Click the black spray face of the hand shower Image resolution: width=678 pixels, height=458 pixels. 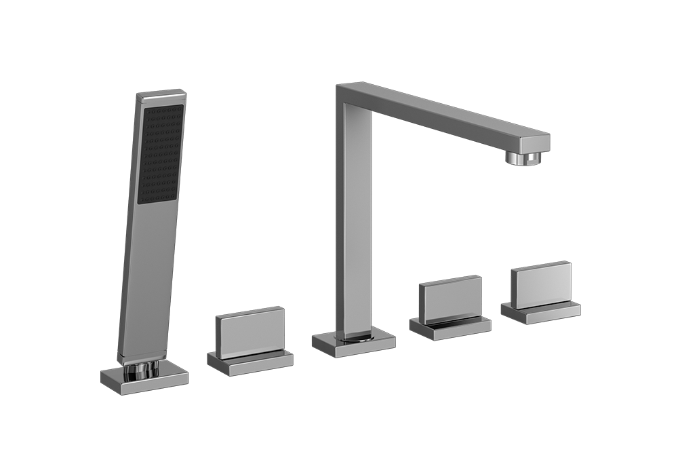click(161, 153)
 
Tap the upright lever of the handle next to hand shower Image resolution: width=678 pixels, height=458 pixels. click(250, 332)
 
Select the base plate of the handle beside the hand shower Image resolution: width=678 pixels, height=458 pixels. click(250, 364)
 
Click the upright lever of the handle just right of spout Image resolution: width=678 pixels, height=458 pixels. click(450, 299)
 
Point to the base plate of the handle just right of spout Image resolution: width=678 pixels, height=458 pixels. click(450, 327)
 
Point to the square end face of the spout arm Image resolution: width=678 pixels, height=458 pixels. click(535, 143)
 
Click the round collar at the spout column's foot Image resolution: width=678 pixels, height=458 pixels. click(358, 335)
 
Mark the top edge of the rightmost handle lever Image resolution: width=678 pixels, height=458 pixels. click(540, 265)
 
